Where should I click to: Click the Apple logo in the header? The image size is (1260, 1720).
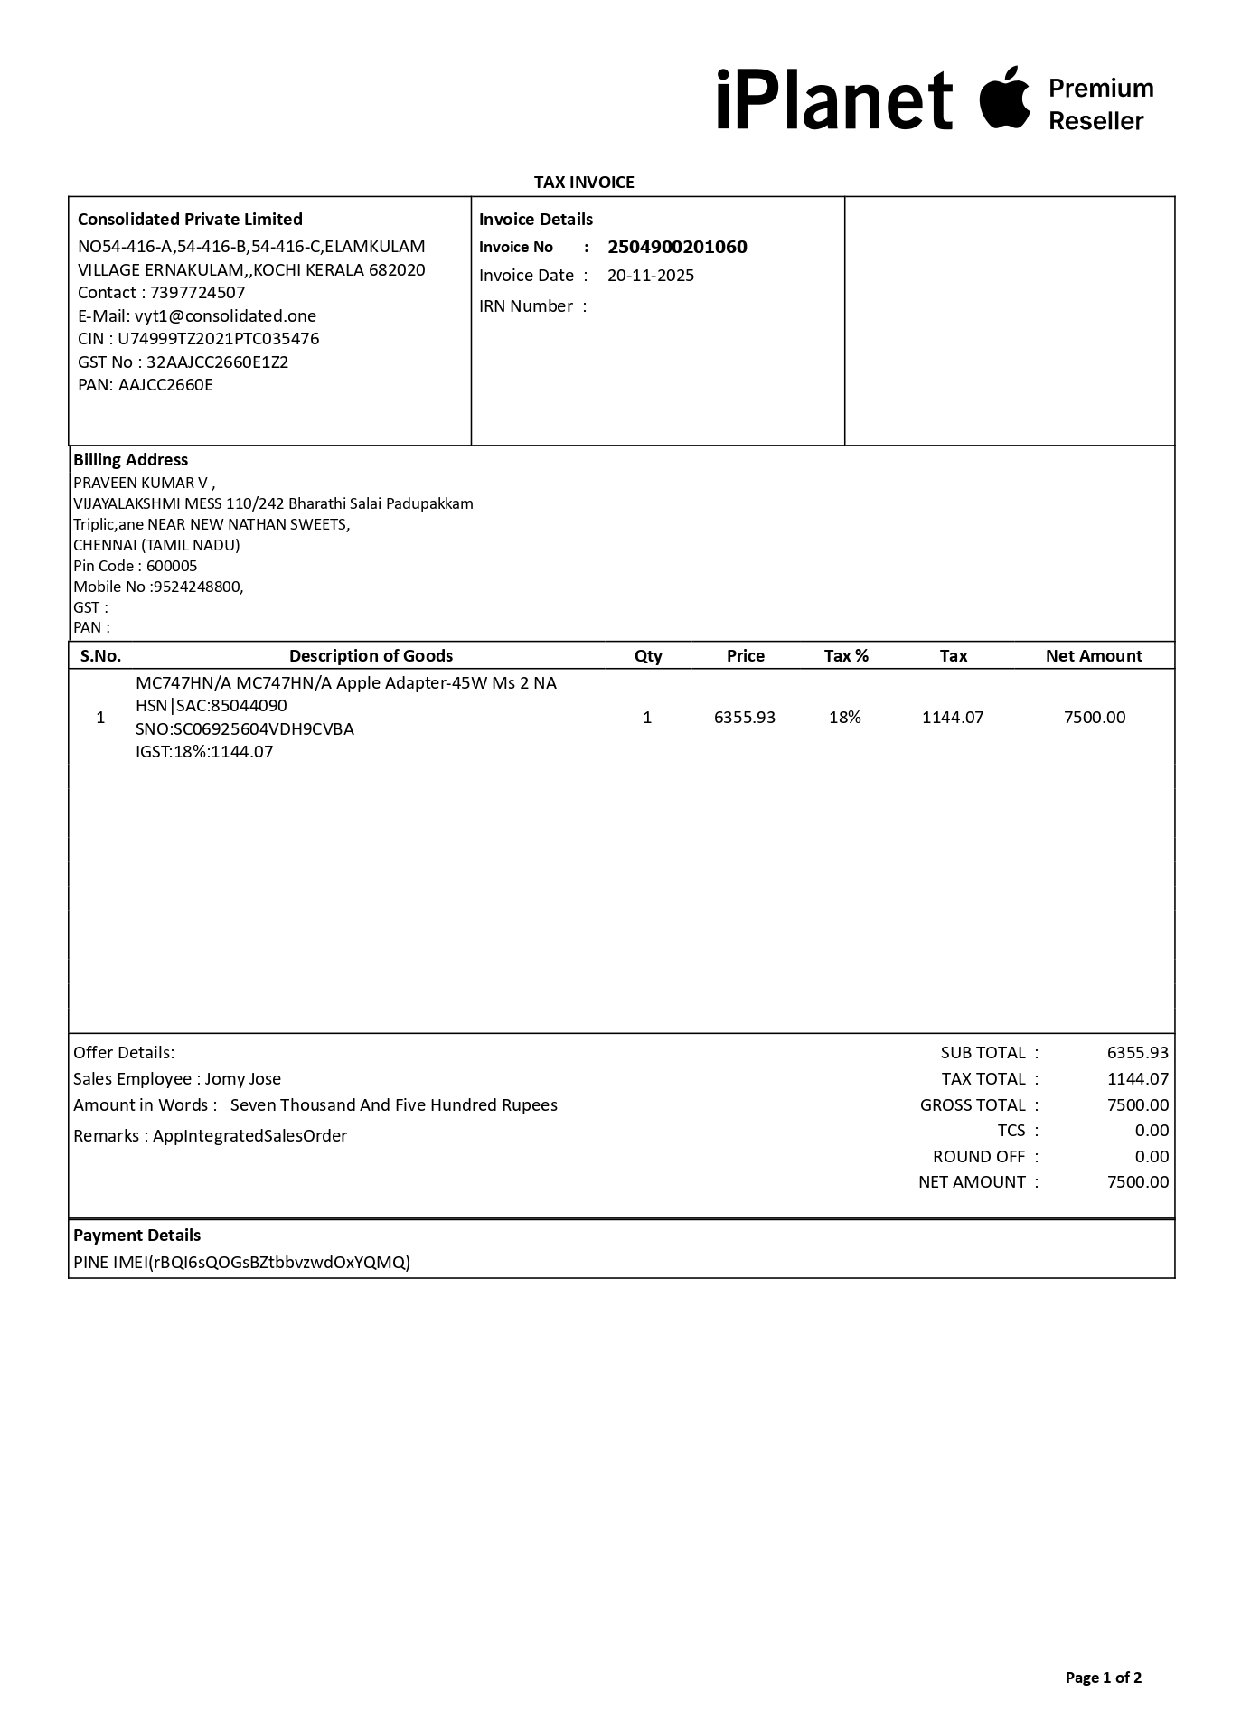tap(1004, 98)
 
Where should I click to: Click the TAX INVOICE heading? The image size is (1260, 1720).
tap(584, 183)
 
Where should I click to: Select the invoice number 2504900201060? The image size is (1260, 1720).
tap(677, 248)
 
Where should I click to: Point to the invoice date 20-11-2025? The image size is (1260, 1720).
tap(651, 276)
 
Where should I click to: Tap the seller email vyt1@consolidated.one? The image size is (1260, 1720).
tap(225, 316)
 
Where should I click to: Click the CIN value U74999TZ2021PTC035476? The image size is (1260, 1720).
tap(218, 339)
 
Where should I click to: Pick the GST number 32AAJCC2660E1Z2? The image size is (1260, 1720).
tap(217, 362)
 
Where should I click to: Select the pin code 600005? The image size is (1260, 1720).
tap(172, 567)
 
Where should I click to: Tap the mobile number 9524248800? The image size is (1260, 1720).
tap(198, 587)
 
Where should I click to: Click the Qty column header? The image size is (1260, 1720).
tap(648, 656)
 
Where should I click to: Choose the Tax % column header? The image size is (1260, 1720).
tap(846, 656)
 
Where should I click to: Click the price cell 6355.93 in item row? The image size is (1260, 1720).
tap(745, 718)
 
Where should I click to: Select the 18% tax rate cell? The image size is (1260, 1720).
tap(845, 718)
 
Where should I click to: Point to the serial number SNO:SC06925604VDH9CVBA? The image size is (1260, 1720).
tap(244, 729)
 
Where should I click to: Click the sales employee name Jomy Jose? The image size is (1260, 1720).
tap(242, 1079)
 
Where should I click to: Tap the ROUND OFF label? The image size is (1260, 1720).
tap(979, 1157)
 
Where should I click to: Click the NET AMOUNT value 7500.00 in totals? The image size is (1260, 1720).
tap(1137, 1182)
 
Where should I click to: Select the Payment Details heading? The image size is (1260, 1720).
tap(137, 1236)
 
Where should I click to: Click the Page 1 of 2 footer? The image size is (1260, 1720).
tap(1103, 1678)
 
